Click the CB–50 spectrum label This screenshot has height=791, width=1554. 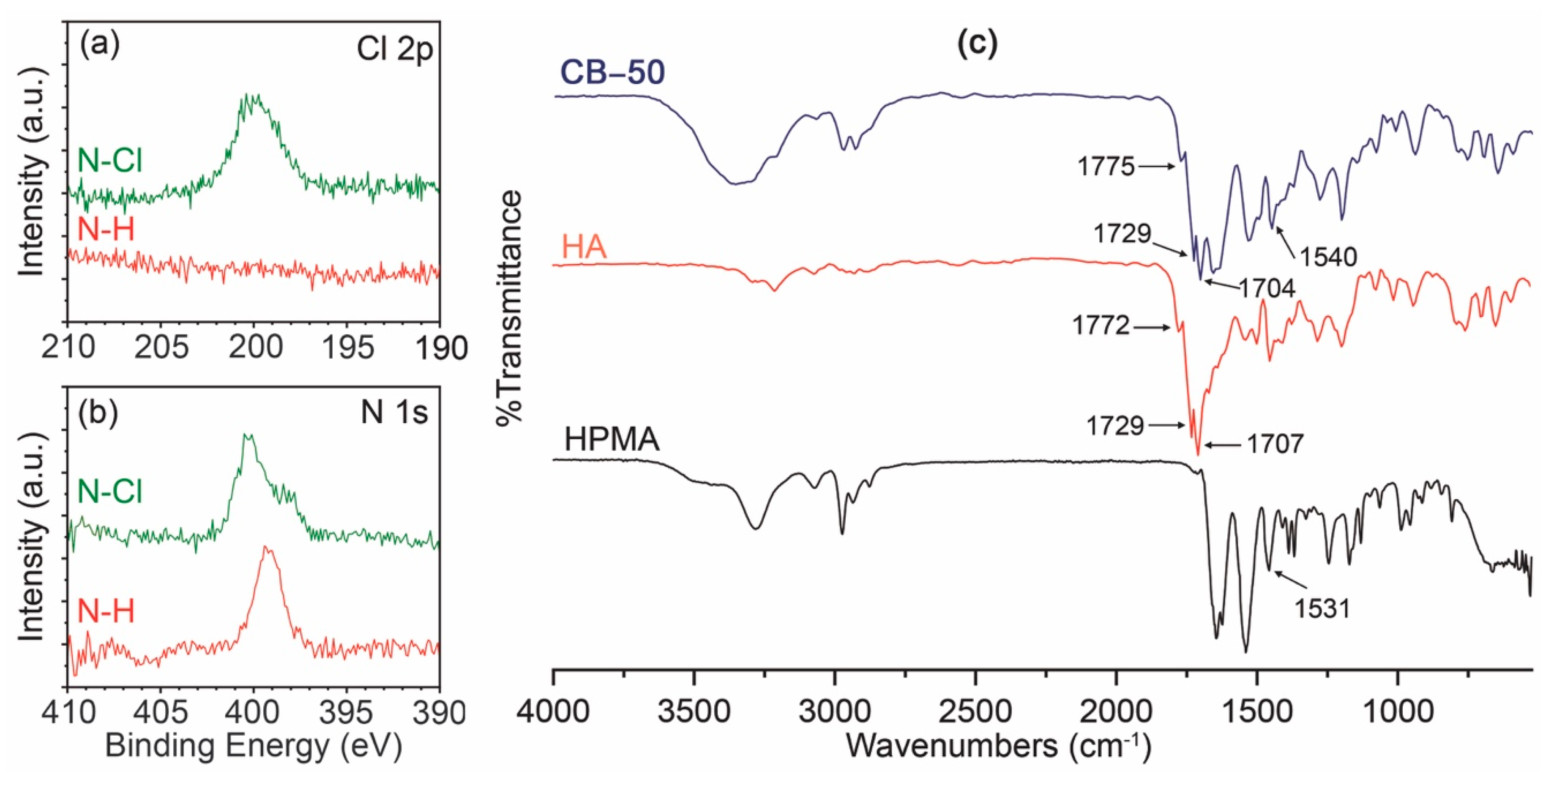(x=612, y=73)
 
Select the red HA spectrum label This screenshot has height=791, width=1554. (x=584, y=247)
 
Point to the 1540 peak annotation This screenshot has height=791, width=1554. (x=1328, y=257)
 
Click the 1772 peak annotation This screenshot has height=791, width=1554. (x=1101, y=326)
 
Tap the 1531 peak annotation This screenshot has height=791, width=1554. (x=1321, y=609)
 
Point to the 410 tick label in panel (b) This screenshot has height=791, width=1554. (x=68, y=713)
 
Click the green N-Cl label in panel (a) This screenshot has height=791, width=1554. (x=110, y=161)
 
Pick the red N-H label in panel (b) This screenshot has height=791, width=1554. (x=106, y=612)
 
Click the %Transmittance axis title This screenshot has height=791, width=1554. (x=508, y=308)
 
